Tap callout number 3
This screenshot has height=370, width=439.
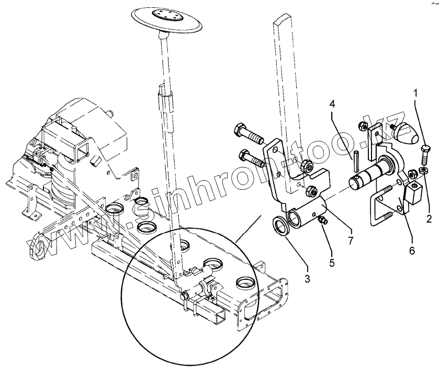pyautogui.click(x=307, y=279)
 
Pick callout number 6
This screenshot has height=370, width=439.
pyautogui.click(x=411, y=251)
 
